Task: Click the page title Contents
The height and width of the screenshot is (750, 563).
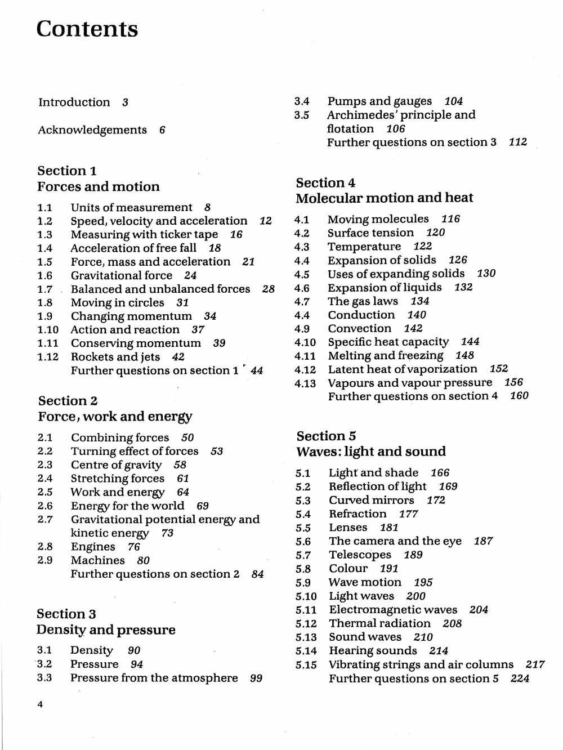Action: pos(87,29)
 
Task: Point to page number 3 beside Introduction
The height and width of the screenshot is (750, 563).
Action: pos(125,102)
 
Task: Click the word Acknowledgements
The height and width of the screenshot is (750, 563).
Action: pos(92,130)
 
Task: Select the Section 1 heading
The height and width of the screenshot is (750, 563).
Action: pos(67,171)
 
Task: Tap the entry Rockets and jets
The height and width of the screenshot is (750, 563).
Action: pos(115,357)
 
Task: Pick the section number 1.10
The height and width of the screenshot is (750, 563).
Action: pos(48,330)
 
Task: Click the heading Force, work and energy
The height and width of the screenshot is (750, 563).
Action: pos(115,417)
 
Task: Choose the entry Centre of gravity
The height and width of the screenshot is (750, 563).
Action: pos(116,465)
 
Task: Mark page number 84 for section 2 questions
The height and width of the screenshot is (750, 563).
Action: pos(258,574)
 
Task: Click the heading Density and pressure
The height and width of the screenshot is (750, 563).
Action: pos(106,630)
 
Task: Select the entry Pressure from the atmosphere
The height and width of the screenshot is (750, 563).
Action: pos(154,678)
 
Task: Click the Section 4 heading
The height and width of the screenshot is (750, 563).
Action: pos(326,182)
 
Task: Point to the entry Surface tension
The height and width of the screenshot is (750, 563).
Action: pos(370,233)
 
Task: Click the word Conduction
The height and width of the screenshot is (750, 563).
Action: pos(361,315)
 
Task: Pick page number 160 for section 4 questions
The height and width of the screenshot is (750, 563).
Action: pos(519,396)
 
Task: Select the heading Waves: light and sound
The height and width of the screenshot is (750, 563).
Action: pos(371,452)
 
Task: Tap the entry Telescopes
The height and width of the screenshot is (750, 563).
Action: pos(360,555)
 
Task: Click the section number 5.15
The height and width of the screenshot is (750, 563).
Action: pos(306,665)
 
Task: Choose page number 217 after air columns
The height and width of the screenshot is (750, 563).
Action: pos(535,664)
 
